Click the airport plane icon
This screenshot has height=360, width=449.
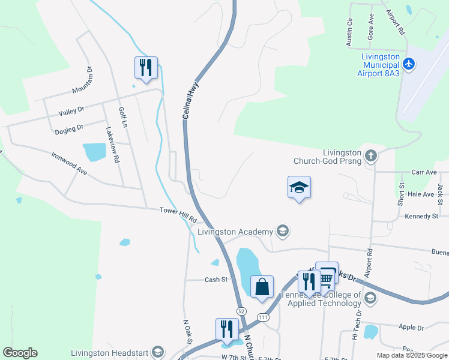[x=409, y=64]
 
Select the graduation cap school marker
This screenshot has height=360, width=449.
[x=299, y=187]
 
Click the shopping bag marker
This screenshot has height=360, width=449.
[x=262, y=287]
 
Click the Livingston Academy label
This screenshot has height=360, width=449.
[x=235, y=232]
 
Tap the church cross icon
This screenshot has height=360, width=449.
[x=371, y=157]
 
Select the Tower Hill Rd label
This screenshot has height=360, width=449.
[x=178, y=215]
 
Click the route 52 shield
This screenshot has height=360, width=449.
[x=241, y=310]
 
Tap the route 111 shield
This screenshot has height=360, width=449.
[x=262, y=316]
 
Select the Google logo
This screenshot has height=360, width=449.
[x=20, y=353]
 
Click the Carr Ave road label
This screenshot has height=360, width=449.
[x=424, y=172]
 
